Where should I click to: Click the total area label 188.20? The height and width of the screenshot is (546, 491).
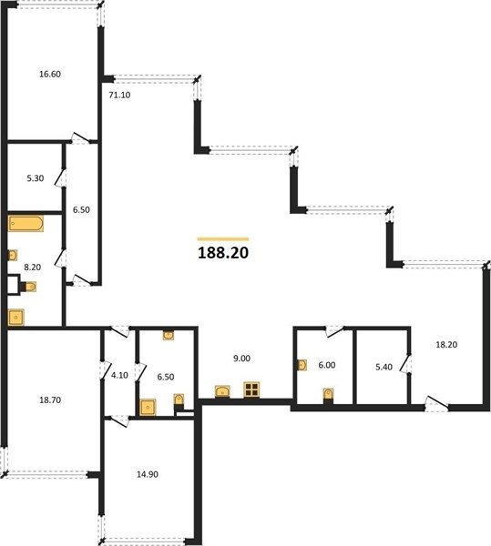pos(223,253)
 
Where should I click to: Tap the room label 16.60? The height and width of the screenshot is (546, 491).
pos(50,75)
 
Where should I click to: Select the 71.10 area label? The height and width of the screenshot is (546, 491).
pos(119,95)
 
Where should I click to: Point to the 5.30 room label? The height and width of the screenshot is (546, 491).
pos(36,178)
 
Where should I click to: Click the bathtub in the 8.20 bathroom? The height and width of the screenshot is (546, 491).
pos(26,224)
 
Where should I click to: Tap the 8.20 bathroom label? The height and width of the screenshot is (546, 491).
pos(32,267)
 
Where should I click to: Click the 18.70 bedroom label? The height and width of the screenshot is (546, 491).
pos(50,400)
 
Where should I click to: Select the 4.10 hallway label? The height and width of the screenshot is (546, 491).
pos(119,375)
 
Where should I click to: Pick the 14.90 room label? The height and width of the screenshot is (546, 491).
pos(148,474)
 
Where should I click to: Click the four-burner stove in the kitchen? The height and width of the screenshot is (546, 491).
pos(251,389)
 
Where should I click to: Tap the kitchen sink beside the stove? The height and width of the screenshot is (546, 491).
pos(222,391)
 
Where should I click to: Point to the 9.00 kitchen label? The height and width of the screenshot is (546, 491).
pos(241,359)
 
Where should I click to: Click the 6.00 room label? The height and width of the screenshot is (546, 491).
pos(327,365)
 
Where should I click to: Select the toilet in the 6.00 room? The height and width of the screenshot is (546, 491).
pos(328,396)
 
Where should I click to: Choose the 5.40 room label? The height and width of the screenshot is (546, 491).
pos(384,367)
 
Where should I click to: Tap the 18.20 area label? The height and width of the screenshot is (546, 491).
pos(446,345)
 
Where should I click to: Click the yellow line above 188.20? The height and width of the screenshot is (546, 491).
pos(223,238)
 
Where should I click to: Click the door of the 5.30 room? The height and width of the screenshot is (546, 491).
pos(61,178)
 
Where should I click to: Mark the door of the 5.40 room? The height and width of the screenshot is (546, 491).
pos(405,363)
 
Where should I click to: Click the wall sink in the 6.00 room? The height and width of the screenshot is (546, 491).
pos(302,365)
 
